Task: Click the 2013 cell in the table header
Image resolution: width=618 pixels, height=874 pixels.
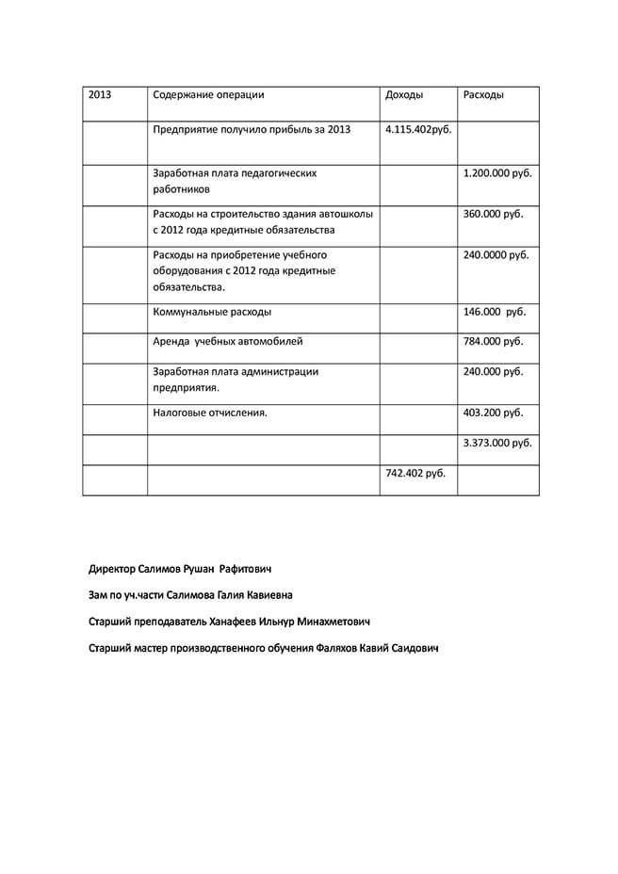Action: pyautogui.click(x=100, y=95)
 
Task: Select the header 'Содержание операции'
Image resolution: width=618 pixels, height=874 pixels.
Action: pyautogui.click(x=208, y=95)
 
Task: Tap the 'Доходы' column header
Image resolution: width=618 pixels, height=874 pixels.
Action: pyautogui.click(x=404, y=95)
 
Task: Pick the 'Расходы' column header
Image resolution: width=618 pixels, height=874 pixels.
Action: pyautogui.click(x=483, y=95)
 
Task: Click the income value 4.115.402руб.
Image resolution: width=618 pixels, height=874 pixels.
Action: pyautogui.click(x=418, y=129)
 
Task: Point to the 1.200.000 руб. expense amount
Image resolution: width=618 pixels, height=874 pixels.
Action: pyautogui.click(x=497, y=173)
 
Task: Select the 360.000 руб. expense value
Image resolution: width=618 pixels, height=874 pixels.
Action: pyautogui.click(x=494, y=214)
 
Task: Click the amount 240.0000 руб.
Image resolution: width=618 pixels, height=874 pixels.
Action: pyautogui.click(x=496, y=254)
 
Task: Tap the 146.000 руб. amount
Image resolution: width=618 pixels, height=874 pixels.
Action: pyautogui.click(x=495, y=312)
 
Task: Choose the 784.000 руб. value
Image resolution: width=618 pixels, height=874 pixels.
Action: pyautogui.click(x=494, y=342)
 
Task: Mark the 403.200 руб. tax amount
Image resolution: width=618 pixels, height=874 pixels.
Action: pyautogui.click(x=494, y=413)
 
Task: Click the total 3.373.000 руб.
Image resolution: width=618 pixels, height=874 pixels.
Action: pyautogui.click(x=497, y=443)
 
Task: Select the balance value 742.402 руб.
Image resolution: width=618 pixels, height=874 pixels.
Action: pyautogui.click(x=415, y=473)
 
